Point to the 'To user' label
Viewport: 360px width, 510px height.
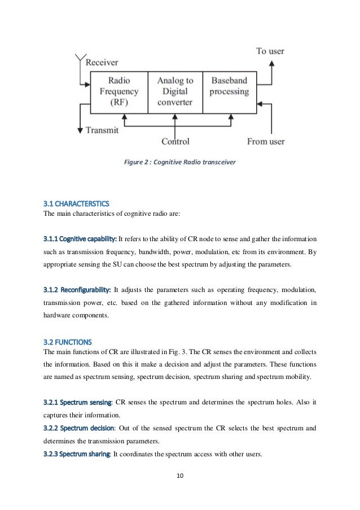point(270,51)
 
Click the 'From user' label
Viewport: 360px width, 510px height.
point(266,141)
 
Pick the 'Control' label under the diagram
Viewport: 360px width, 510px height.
point(179,141)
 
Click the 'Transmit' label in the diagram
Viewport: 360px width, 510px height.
point(102,130)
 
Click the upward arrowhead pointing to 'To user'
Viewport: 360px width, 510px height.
point(272,64)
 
